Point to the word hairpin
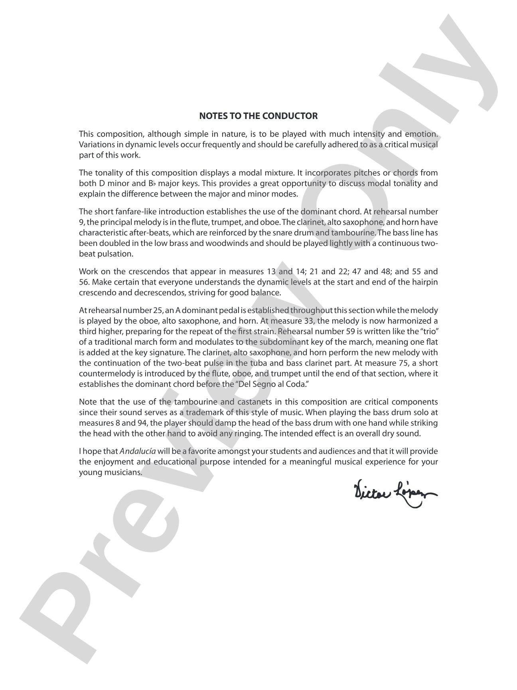[x=426, y=282]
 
